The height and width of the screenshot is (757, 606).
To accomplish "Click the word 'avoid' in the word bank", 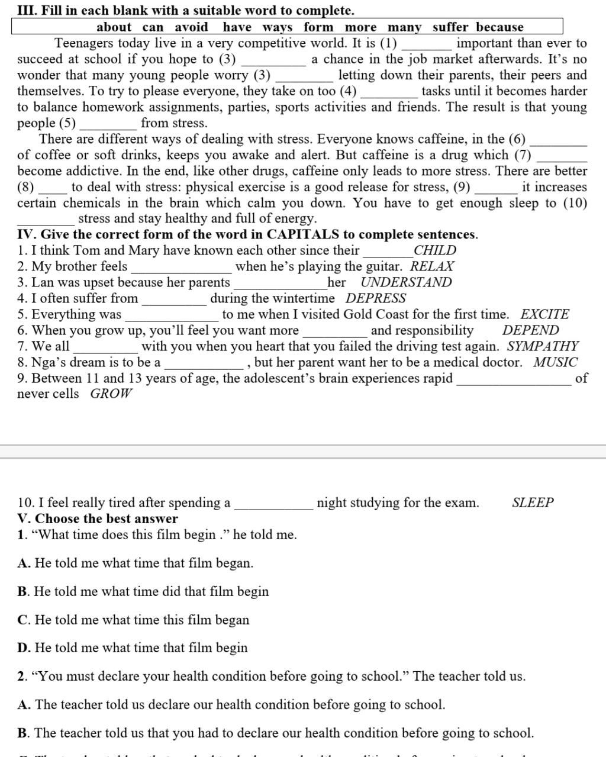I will (191, 27).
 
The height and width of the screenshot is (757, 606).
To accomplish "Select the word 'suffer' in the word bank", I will (450, 27).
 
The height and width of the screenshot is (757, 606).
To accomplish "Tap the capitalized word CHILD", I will (435, 250).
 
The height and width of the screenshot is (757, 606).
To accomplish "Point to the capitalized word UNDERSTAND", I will (406, 282).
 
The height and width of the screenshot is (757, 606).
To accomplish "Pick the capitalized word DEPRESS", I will (376, 298).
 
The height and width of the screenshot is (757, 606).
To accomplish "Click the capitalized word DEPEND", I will (530, 330).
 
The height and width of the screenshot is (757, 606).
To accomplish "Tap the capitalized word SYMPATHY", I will (543, 346).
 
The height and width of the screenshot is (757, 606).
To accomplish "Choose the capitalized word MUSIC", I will (555, 362).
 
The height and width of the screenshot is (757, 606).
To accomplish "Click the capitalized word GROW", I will (111, 394).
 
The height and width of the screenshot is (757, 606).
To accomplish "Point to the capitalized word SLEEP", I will (533, 503).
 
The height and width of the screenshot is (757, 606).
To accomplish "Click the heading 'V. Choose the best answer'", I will (98, 519).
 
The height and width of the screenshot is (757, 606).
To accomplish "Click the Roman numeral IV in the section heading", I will (25, 234).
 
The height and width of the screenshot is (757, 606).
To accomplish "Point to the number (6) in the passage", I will (517, 139).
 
